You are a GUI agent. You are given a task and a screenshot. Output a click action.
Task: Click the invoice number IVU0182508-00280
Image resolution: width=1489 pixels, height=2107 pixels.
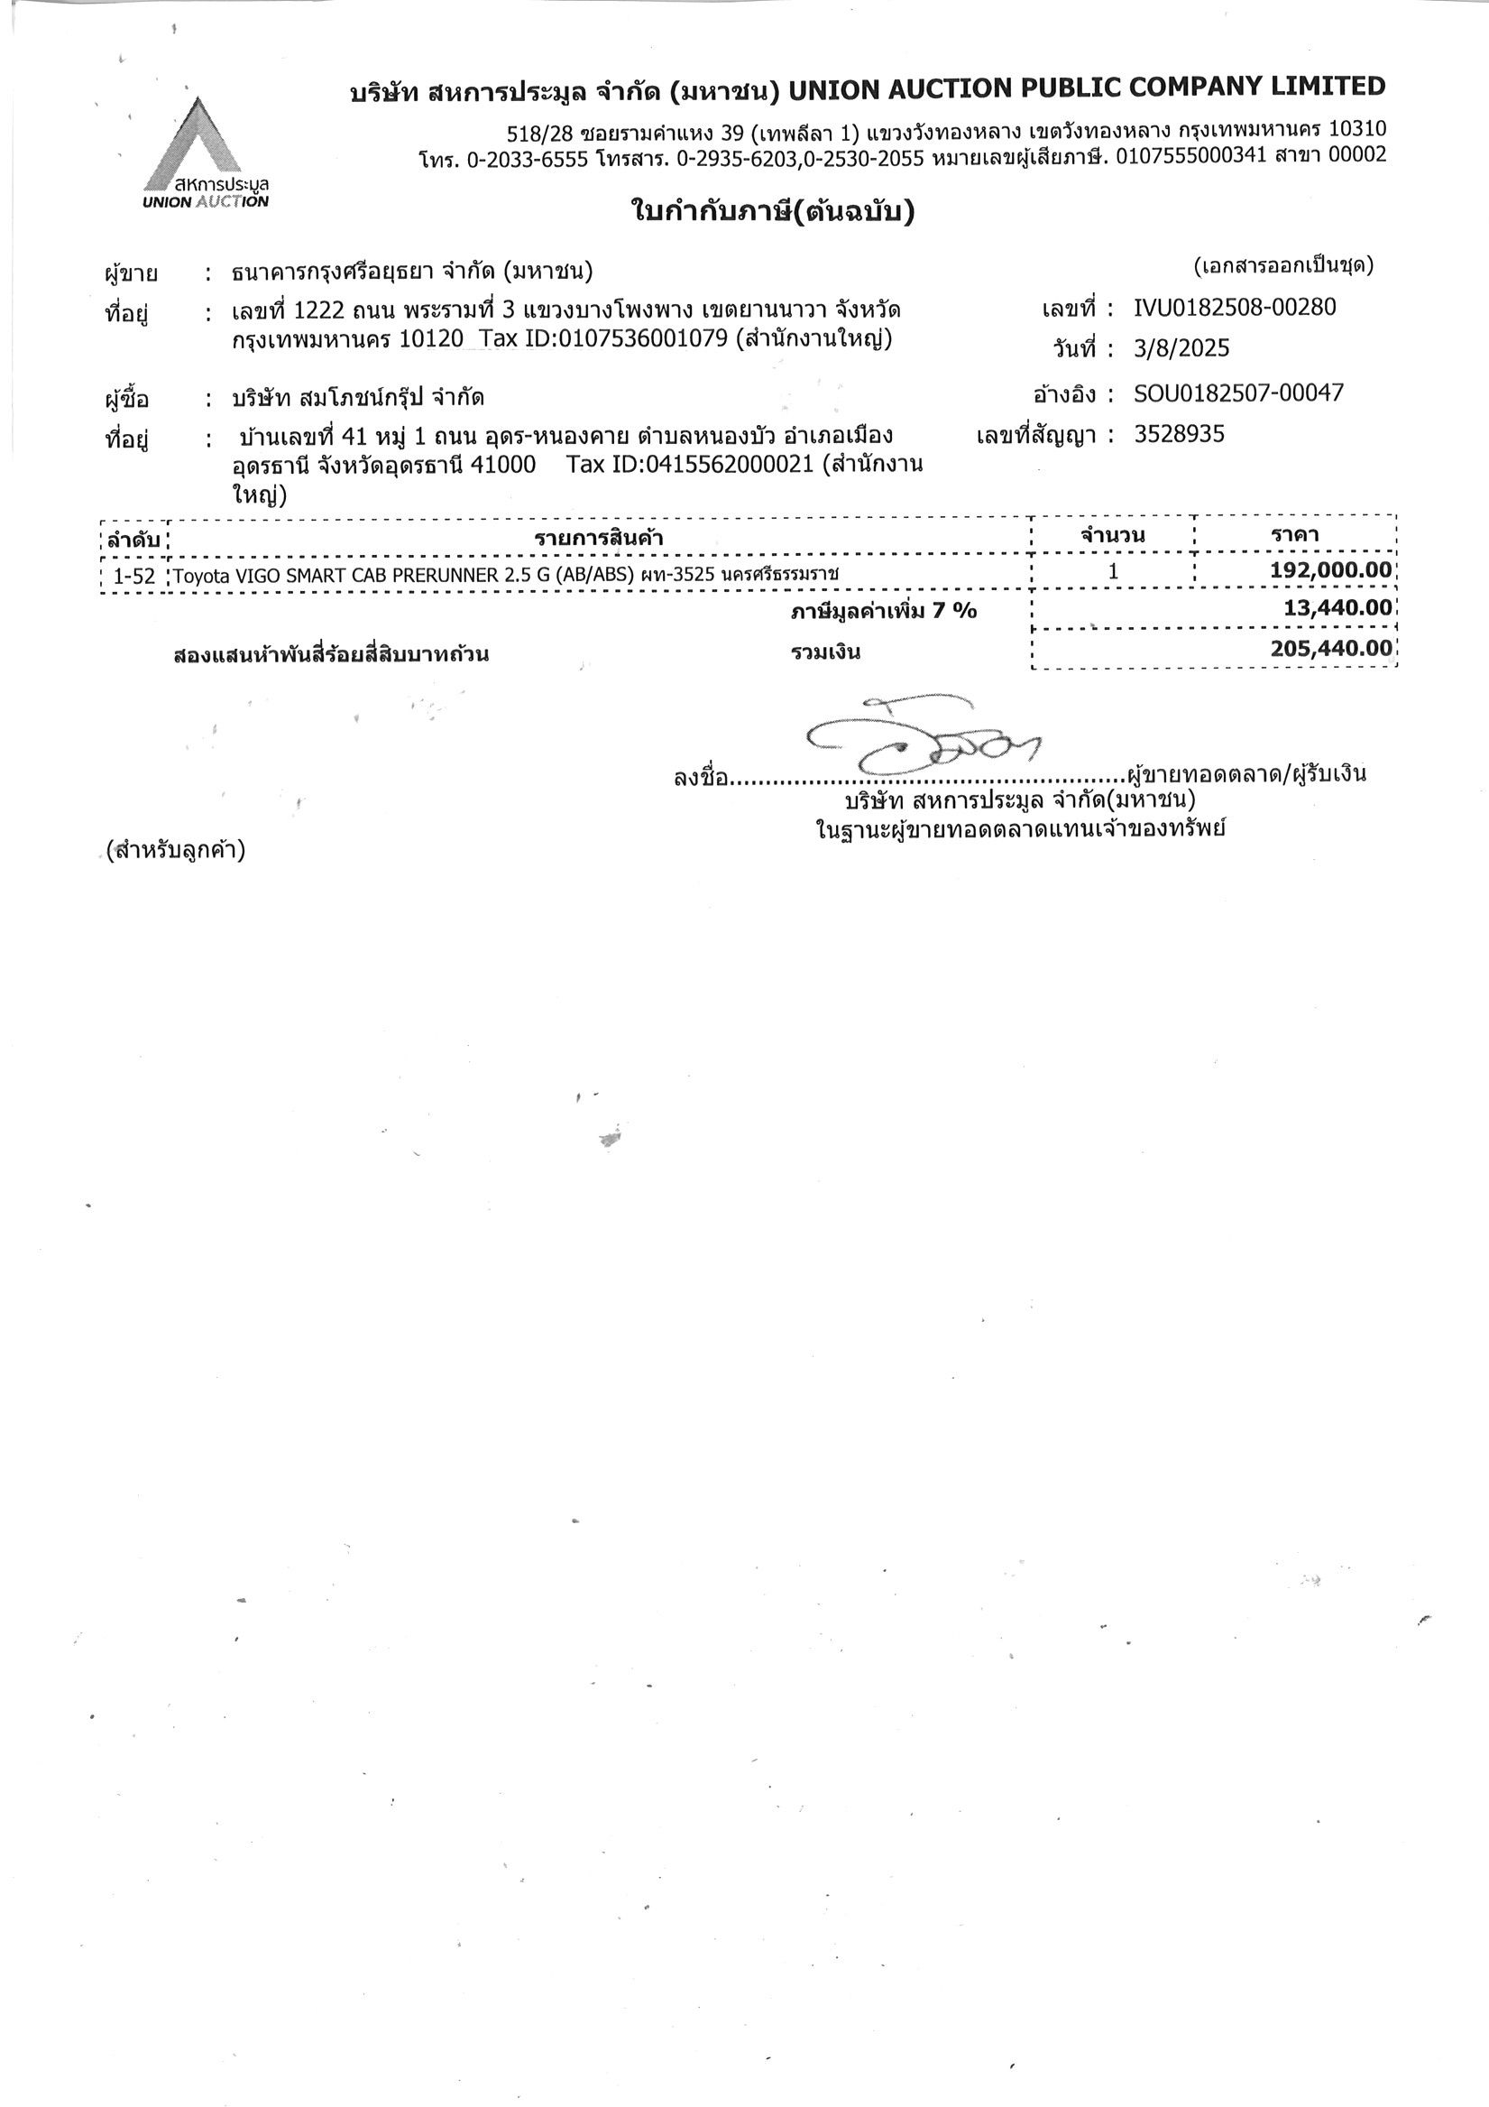click(x=1234, y=307)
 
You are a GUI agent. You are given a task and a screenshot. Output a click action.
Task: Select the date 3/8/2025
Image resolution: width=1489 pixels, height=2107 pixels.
click(x=1181, y=348)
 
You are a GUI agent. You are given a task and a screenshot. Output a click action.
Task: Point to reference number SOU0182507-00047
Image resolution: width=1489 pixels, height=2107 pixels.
click(x=1237, y=393)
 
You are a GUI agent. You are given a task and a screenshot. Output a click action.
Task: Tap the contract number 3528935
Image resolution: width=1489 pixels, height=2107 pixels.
click(x=1178, y=434)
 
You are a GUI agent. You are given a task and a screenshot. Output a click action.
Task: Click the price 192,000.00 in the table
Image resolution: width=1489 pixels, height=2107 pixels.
click(x=1329, y=570)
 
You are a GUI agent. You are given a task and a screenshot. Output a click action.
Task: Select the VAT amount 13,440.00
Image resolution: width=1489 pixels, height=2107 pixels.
click(x=1337, y=606)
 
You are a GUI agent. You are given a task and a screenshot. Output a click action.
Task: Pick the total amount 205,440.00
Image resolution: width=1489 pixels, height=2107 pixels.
click(x=1330, y=648)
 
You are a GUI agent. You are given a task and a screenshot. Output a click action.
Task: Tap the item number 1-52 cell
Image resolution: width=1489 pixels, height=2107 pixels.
click(x=134, y=577)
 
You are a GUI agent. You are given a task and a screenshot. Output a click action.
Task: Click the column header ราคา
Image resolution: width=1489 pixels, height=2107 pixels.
click(x=1295, y=534)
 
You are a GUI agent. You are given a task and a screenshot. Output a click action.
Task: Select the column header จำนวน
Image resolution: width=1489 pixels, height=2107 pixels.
click(x=1112, y=535)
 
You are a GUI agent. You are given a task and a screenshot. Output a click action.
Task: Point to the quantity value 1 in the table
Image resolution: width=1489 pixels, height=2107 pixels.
click(x=1113, y=571)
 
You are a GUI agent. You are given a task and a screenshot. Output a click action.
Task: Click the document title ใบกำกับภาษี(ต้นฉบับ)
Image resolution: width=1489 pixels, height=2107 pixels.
click(x=773, y=213)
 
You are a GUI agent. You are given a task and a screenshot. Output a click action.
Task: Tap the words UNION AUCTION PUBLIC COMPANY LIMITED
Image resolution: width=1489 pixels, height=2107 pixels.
click(x=1086, y=88)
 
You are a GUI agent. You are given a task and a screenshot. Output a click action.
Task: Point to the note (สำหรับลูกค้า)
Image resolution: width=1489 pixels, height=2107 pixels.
click(x=175, y=850)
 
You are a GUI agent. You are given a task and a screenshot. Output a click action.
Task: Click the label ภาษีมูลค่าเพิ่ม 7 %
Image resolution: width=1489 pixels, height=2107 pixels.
click(x=884, y=610)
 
